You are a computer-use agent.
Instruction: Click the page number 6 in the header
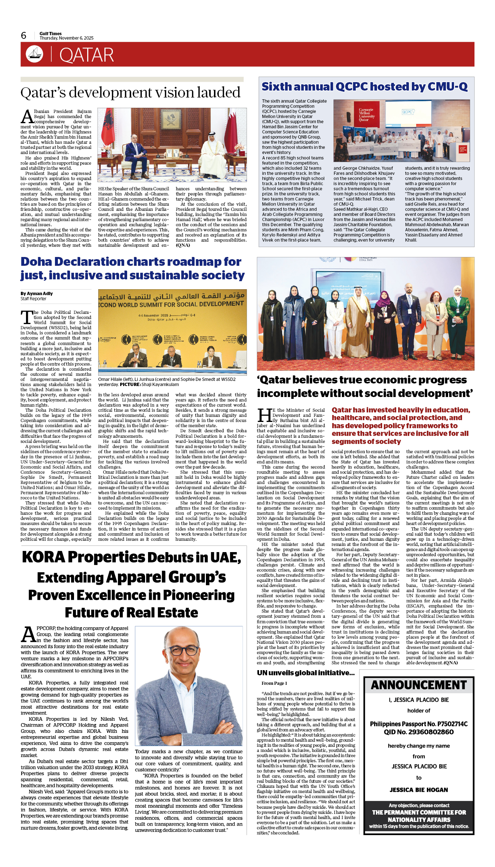tap(24, 36)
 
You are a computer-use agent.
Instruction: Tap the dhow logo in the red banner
tap(34, 54)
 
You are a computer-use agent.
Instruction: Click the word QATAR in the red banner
tap(86, 55)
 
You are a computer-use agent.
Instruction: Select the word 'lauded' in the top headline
tap(218, 93)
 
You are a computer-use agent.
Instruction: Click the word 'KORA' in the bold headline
tap(44, 557)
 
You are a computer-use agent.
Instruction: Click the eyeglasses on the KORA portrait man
tap(189, 651)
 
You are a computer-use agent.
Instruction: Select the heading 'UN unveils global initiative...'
tap(306, 673)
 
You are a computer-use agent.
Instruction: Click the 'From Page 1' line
tap(274, 683)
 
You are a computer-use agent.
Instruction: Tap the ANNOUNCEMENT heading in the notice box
tap(419, 685)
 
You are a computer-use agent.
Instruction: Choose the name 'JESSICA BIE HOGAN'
tap(419, 790)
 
